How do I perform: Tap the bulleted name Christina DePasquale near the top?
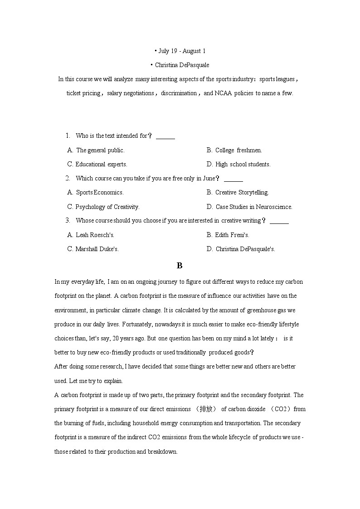[181, 65]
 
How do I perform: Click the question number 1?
[68, 136]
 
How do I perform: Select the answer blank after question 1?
[165, 136]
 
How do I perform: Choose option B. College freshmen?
[234, 150]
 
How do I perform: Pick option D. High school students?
[238, 164]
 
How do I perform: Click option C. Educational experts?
[97, 164]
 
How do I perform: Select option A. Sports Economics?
[96, 192]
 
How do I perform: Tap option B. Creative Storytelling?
[238, 192]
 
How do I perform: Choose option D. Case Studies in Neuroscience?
[249, 207]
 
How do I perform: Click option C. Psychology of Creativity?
[103, 207]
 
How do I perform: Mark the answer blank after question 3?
[279, 221]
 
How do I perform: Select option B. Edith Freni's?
[228, 235]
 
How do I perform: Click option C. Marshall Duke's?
[93, 249]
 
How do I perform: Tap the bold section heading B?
[180, 266]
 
